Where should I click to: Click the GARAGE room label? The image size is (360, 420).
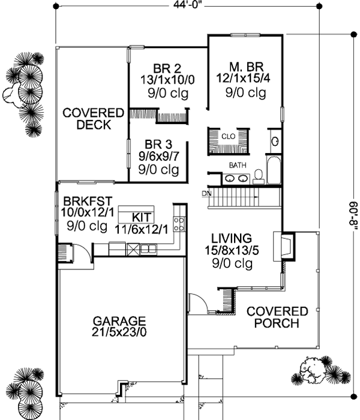tap(119, 320)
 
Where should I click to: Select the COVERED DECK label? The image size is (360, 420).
tap(93, 119)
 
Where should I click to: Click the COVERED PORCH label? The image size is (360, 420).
tap(277, 317)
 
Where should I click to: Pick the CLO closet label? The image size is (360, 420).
tap(228, 136)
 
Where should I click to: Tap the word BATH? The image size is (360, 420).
tap(237, 164)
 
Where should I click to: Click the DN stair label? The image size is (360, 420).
tap(206, 193)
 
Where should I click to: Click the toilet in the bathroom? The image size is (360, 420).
tap(259, 175)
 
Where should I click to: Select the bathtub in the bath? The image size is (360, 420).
tap(273, 170)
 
